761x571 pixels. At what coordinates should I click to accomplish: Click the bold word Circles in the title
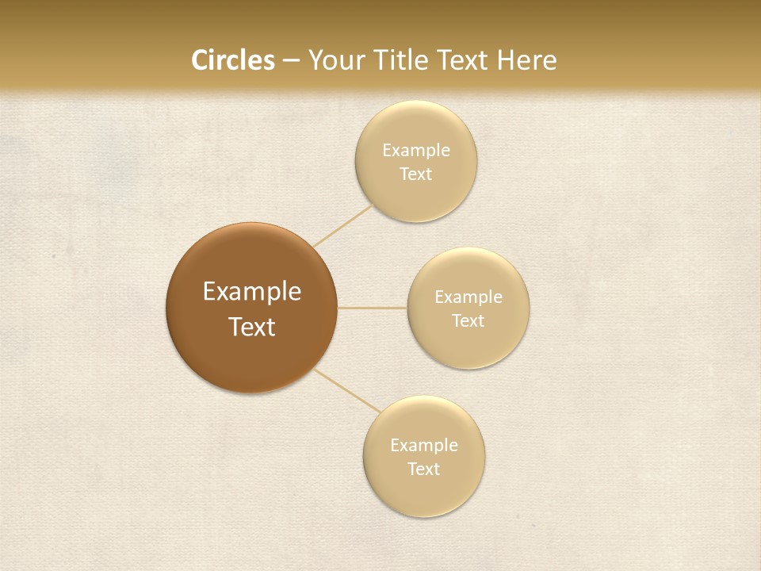pyautogui.click(x=232, y=60)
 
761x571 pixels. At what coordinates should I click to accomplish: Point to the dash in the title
pyautogui.click(x=291, y=61)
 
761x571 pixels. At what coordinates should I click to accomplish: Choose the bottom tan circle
pyautogui.click(x=423, y=492)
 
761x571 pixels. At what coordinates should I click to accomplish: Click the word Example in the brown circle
pyautogui.click(x=252, y=292)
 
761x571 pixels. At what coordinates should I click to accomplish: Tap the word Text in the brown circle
pyautogui.click(x=252, y=327)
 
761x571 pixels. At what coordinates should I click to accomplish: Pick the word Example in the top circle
pyautogui.click(x=416, y=151)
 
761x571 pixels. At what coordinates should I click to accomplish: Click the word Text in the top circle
pyautogui.click(x=415, y=174)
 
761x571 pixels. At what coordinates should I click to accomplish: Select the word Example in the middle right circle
pyautogui.click(x=468, y=297)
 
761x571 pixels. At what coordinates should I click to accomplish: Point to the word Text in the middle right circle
pyautogui.click(x=468, y=321)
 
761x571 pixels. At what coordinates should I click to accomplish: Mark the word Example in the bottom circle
pyautogui.click(x=424, y=446)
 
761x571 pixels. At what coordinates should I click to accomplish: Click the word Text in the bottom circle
pyautogui.click(x=423, y=469)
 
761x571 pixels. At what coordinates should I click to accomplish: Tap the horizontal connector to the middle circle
pyautogui.click(x=373, y=308)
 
